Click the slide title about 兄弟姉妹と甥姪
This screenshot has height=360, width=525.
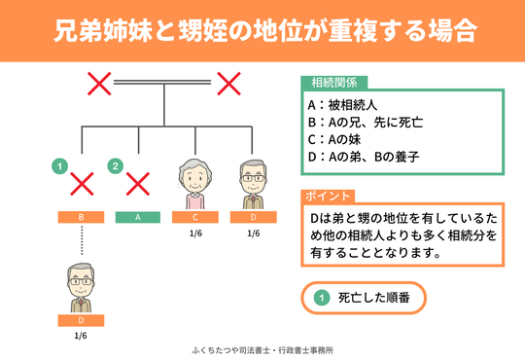pos(262,29)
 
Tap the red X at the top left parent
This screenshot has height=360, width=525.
pos(98,85)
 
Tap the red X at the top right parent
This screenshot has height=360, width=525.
pos(227,85)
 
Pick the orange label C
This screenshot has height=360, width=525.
pos(195,217)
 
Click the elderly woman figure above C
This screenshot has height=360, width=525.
pos(195,183)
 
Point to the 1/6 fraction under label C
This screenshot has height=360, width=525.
pos(195,234)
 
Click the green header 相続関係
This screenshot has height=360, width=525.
pos(333,82)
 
